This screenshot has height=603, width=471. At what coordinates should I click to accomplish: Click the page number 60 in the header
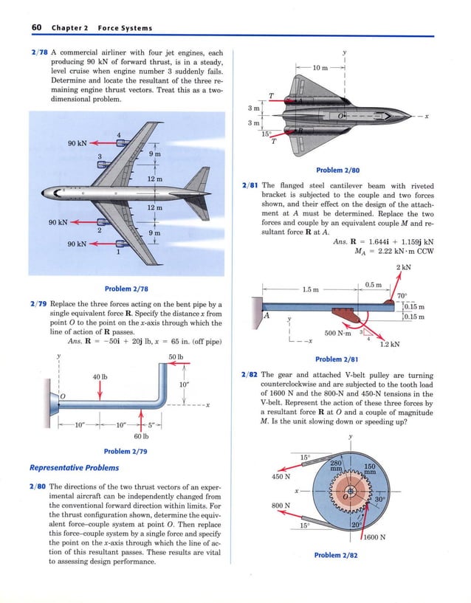coord(35,28)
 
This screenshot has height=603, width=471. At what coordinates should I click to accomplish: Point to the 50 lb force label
coord(175,357)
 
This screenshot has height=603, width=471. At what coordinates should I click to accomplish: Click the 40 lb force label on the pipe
coord(100,377)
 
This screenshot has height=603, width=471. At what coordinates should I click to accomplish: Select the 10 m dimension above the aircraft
coord(321,68)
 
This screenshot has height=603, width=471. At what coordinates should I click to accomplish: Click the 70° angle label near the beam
coord(402,295)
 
